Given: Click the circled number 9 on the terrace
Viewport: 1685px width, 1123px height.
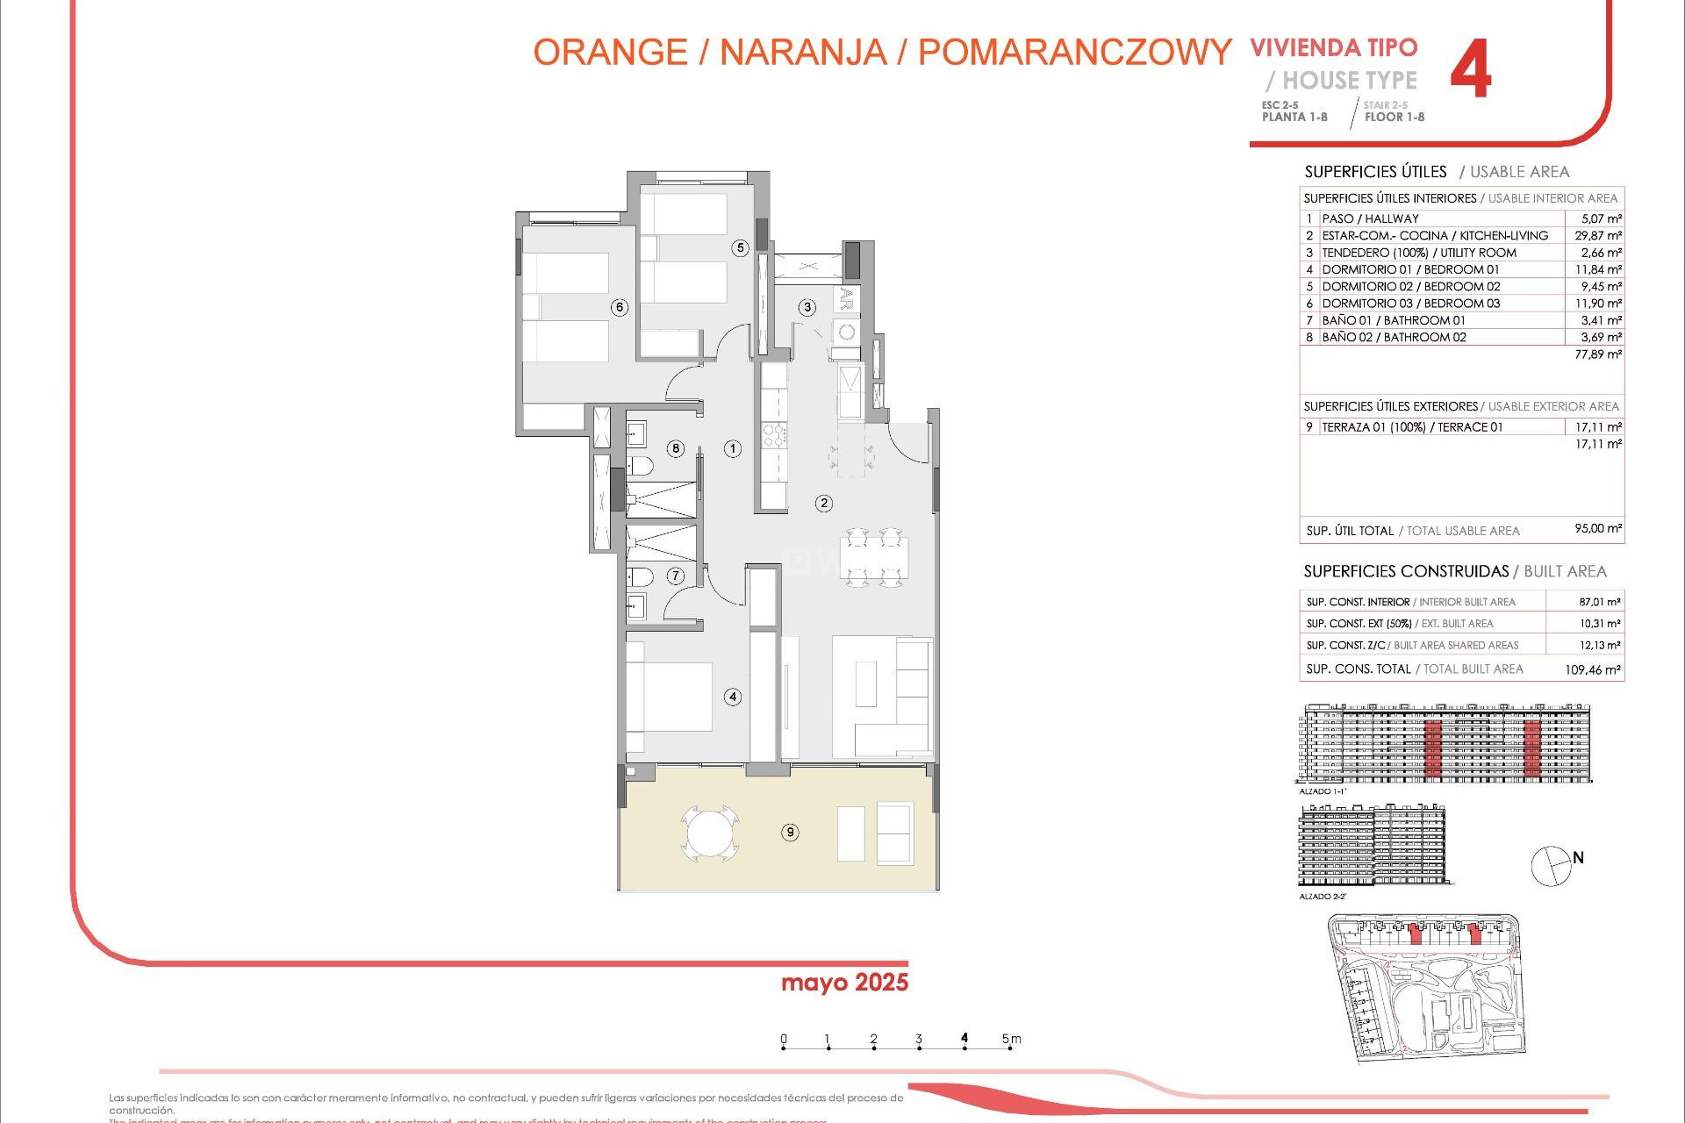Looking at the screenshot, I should coord(790,833).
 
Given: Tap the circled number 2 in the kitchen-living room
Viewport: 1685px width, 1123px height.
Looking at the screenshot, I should coord(823,504).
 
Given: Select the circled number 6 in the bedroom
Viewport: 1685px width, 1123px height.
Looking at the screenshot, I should coord(620,307).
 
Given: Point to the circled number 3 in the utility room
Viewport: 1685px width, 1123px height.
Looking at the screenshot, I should coord(807,307).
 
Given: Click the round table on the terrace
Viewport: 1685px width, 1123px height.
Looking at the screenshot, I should coord(709,833).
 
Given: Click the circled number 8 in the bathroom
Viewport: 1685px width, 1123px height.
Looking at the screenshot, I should coord(676,448).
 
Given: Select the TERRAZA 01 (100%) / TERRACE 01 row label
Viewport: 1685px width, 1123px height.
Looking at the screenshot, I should coord(1412,427).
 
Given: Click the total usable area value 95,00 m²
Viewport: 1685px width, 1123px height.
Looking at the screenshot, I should coord(1598,529).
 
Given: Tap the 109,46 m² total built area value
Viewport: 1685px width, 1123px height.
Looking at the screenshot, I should coord(1593,669).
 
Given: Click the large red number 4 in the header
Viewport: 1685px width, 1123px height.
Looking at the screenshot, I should coord(1471,69).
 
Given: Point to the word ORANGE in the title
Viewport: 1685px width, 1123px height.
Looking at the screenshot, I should coord(610,53).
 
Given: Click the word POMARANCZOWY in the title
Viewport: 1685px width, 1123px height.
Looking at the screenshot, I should coord(1074,53).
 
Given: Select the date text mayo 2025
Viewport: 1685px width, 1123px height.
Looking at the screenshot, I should coord(844,983).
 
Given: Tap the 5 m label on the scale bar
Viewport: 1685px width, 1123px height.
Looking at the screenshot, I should coord(1011,1039).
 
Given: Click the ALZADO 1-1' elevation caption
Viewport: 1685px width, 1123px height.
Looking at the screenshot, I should coord(1322,791).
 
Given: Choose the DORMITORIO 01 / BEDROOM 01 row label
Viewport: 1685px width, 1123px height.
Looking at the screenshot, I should coord(1410,269).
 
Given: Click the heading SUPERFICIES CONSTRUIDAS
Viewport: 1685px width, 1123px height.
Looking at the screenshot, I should coord(1406,571).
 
